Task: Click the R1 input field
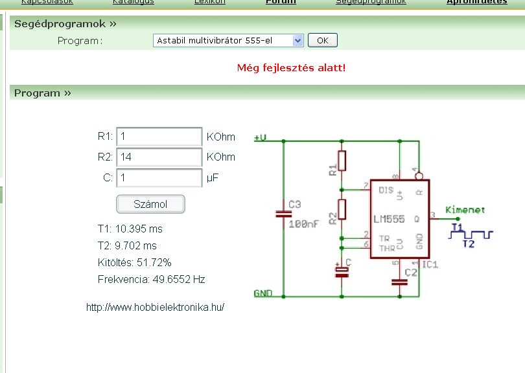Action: tap(159, 137)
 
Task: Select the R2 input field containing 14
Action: tap(159, 157)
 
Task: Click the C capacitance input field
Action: tap(159, 177)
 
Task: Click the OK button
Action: tap(322, 40)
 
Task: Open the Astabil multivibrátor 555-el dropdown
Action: tap(229, 40)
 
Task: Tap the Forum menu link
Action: tap(281, 2)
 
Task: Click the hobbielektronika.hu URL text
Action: tap(155, 308)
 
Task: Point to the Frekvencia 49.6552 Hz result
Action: tap(150, 280)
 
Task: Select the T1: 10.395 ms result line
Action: tap(130, 229)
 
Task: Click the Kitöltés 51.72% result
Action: tap(134, 263)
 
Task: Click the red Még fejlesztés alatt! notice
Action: tap(291, 67)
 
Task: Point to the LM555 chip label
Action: tap(389, 218)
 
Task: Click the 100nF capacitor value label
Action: tap(303, 223)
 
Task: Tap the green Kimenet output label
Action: tap(465, 210)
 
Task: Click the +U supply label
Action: tap(261, 137)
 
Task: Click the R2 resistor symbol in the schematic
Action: tap(342, 209)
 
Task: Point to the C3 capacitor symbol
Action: tap(281, 213)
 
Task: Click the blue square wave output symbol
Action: tap(471, 234)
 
